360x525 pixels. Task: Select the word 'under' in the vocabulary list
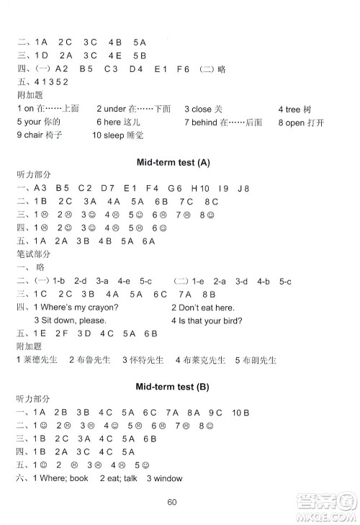[x=112, y=109]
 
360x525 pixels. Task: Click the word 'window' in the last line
[x=168, y=478]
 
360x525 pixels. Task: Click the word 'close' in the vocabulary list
[x=201, y=109]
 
